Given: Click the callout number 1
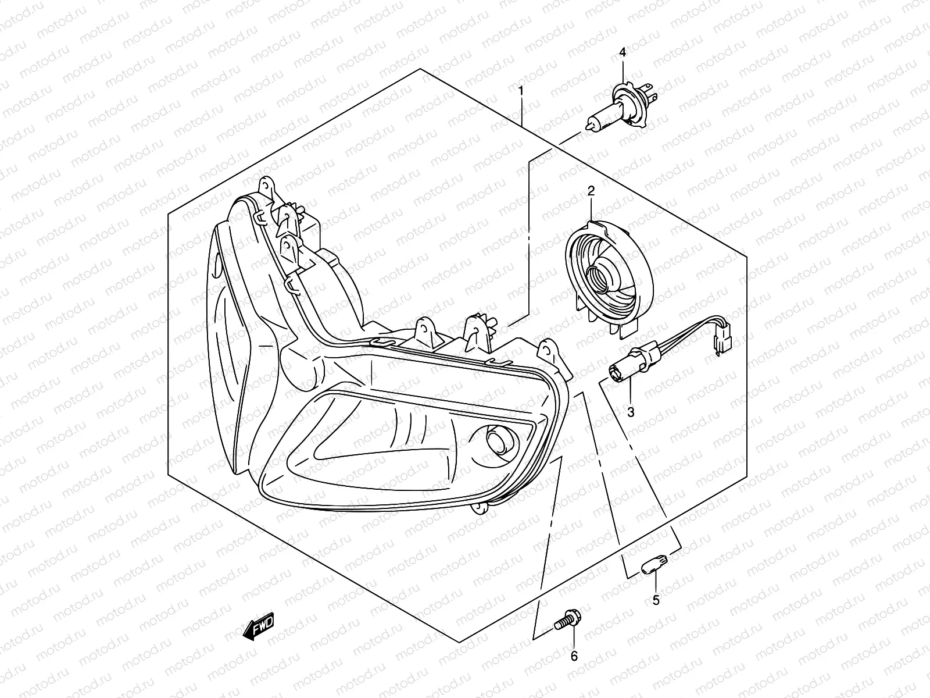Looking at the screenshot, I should [x=521, y=91].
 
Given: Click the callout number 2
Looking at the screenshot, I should [x=591, y=191].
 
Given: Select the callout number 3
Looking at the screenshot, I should [x=631, y=412].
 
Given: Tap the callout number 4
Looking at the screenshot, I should [x=623, y=52].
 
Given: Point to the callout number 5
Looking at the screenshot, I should [x=656, y=600].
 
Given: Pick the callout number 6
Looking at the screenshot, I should [x=574, y=656].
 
